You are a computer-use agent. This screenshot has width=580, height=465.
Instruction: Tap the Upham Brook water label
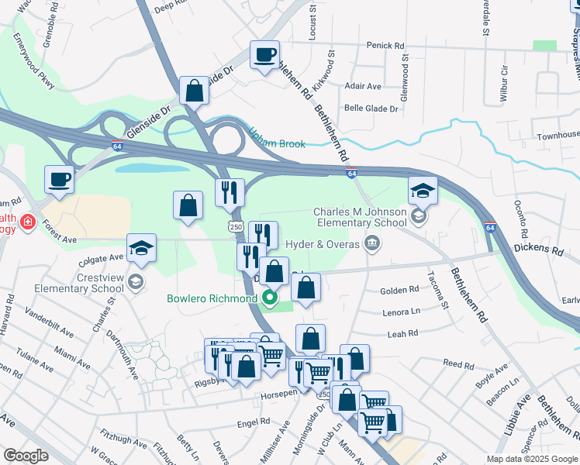tap(277, 139)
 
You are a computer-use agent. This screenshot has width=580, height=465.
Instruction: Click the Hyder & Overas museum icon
tap(372, 245)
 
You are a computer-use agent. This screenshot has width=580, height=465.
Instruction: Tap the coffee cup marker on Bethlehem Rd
tap(265, 55)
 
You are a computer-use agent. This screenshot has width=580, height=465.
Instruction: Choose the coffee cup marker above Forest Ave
tap(60, 180)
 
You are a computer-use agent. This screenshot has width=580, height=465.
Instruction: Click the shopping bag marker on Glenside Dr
tap(194, 91)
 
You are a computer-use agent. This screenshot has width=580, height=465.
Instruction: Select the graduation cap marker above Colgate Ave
tap(141, 248)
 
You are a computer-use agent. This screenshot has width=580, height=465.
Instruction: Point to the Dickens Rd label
tap(537, 250)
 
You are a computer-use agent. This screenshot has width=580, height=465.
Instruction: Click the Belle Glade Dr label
tap(371, 109)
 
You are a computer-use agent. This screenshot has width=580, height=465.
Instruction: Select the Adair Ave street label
tap(364, 86)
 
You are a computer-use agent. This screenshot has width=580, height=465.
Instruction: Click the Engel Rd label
tap(254, 422)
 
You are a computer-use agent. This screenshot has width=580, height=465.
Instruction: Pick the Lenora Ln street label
tap(401, 312)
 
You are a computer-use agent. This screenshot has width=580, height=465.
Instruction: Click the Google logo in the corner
tap(26, 456)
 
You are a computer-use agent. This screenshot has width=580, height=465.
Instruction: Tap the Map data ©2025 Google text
tap(531, 459)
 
